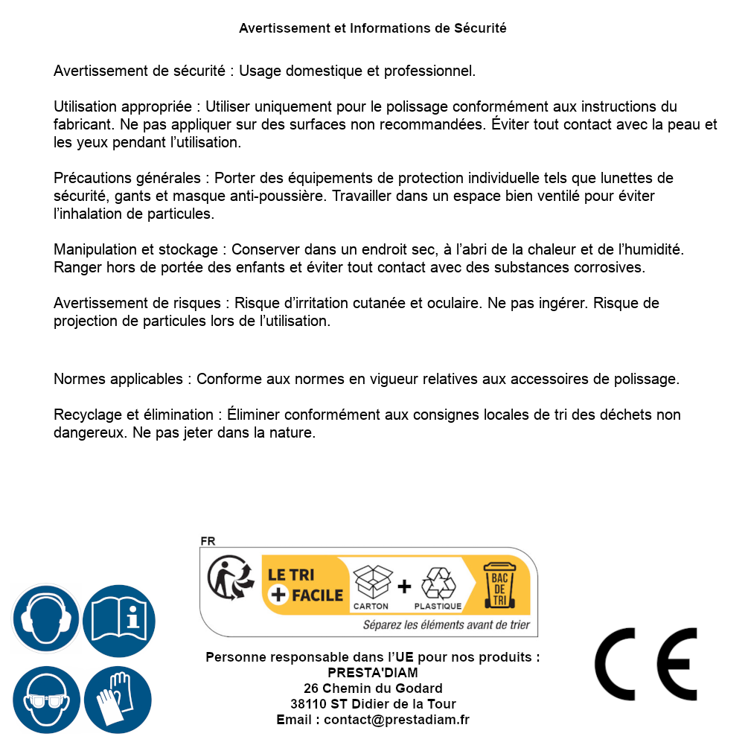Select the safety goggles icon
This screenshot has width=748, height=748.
(45, 700)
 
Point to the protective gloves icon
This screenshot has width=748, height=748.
(118, 700)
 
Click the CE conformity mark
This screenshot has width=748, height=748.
(645, 665)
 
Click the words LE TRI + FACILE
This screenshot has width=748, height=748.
(305, 585)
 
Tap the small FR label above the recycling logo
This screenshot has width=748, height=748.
(208, 541)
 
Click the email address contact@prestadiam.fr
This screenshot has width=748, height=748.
(396, 720)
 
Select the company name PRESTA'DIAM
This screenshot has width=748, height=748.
(373, 673)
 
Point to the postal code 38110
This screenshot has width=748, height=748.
(307, 704)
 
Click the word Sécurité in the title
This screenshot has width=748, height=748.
(480, 28)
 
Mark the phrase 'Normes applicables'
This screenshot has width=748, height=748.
(118, 379)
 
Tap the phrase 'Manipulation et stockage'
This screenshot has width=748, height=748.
(135, 249)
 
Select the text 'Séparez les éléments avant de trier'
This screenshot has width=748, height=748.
(446, 625)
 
